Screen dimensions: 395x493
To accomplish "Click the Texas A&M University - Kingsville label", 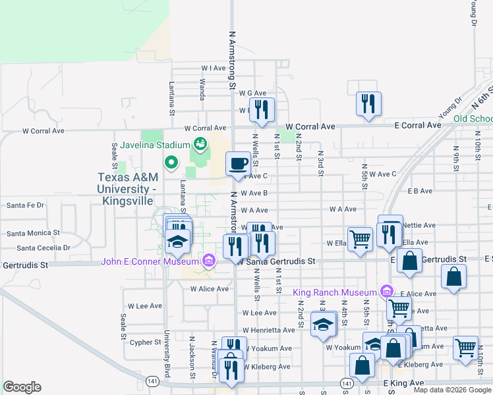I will click(127, 189).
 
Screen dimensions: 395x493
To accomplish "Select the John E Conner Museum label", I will click(151, 262).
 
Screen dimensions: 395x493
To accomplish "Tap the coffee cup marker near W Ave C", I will click(238, 163).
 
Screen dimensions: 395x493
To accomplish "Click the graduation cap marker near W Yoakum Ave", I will click(323, 324).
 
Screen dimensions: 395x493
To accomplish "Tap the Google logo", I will click(22, 387).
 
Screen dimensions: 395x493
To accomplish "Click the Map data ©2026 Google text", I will click(452, 390).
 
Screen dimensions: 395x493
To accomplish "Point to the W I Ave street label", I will click(214, 68).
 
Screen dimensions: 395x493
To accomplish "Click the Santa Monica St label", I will click(33, 233).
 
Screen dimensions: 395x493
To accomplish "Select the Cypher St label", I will click(146, 342).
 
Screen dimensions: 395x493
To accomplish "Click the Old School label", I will click(474, 118).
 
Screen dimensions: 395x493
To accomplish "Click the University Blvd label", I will click(167, 354).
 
